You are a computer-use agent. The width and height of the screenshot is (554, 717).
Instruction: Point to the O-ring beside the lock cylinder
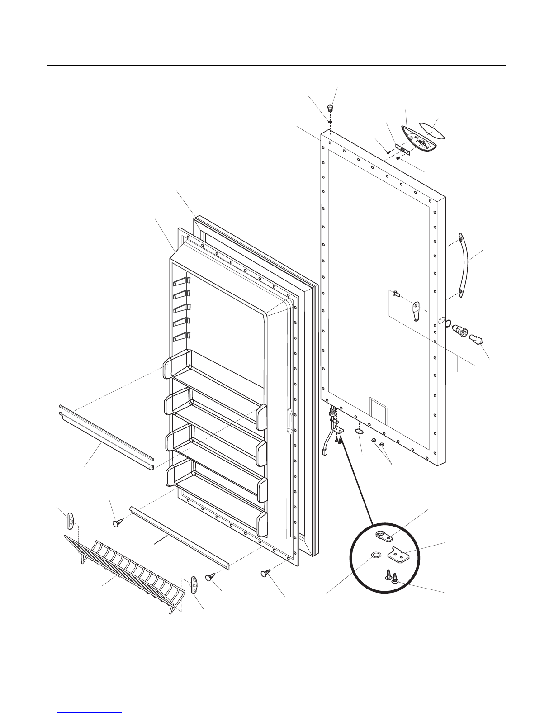tap(448, 323)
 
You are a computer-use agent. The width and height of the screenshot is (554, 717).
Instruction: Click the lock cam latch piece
tap(416, 312)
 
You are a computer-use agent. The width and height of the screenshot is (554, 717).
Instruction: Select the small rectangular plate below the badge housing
tap(402, 149)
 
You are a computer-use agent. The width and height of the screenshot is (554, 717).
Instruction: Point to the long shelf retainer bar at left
tap(106, 437)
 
